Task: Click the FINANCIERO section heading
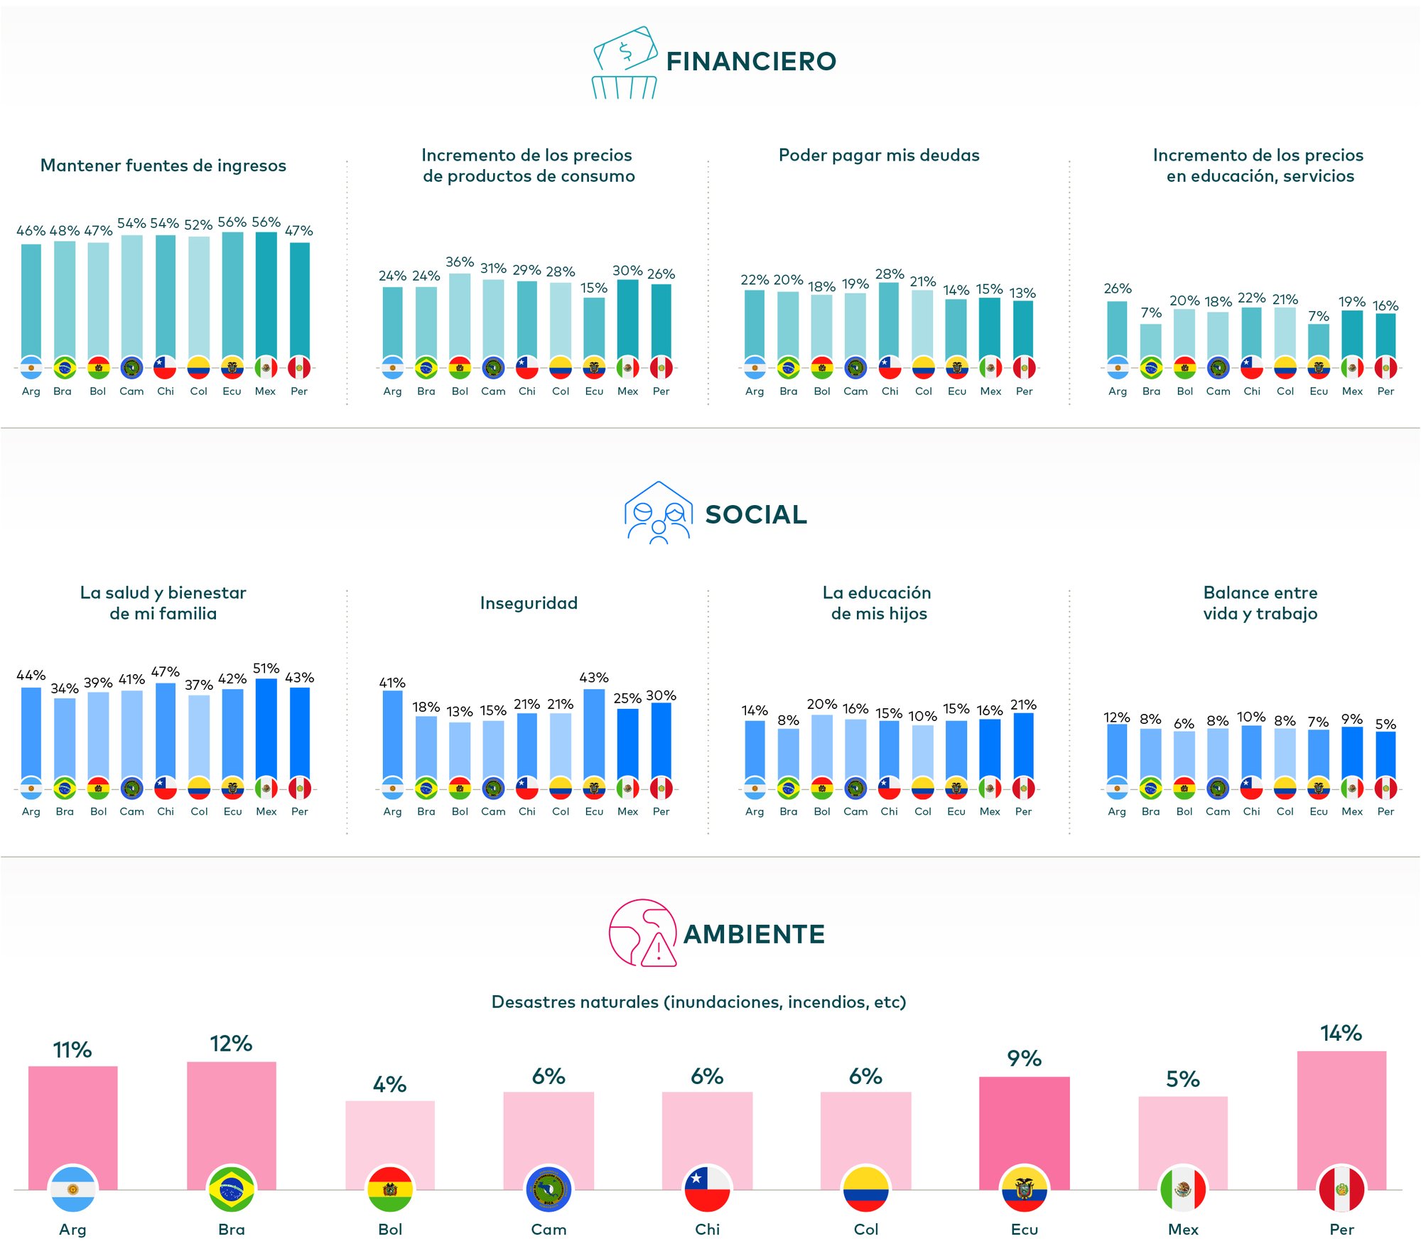(x=751, y=62)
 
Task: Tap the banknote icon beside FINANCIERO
(x=625, y=63)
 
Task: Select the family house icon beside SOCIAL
(x=658, y=513)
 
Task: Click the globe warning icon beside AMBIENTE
(x=642, y=933)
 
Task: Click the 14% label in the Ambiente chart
(x=1341, y=1034)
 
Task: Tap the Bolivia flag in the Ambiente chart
(x=390, y=1189)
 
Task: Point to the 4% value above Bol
(x=389, y=1085)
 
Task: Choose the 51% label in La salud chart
(x=266, y=668)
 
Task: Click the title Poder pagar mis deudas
(x=879, y=156)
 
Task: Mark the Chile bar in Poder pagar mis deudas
(x=889, y=320)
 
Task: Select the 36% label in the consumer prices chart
(x=460, y=262)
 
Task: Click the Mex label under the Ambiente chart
(x=1183, y=1229)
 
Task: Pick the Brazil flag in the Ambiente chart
(x=232, y=1189)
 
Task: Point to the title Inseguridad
(x=529, y=603)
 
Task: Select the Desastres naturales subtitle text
(x=698, y=1002)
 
